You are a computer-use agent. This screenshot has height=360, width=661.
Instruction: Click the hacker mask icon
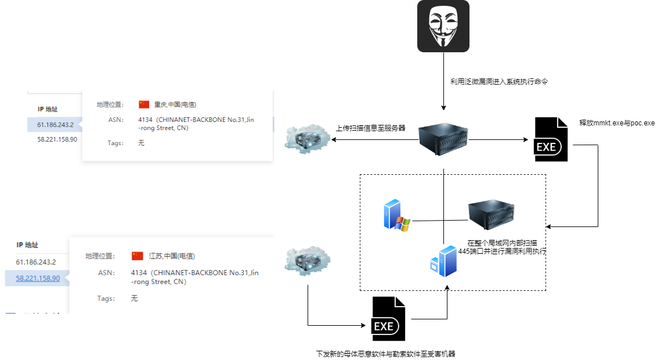[x=443, y=26]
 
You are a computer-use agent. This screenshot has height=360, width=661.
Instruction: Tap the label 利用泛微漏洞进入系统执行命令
[x=499, y=82]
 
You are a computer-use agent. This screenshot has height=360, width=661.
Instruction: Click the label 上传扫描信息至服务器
[x=371, y=128]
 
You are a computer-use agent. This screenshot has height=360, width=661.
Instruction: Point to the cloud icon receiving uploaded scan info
[x=308, y=140]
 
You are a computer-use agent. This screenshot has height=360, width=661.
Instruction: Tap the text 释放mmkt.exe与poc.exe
[x=616, y=123]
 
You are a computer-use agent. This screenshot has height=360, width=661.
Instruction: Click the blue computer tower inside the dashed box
[x=443, y=261]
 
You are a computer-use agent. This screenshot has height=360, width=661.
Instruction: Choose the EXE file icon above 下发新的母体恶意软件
[x=388, y=319]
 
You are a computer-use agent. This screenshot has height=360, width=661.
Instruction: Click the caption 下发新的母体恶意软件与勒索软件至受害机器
[x=385, y=353]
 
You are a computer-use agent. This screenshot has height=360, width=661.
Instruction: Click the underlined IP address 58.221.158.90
[x=38, y=278]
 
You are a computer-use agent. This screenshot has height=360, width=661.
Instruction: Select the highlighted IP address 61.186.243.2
[x=55, y=124]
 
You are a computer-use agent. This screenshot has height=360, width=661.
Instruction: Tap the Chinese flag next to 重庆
[x=144, y=105]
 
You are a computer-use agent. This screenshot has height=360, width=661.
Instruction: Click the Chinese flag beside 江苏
[x=138, y=256]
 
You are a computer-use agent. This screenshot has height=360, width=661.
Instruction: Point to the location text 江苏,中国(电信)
[x=172, y=256]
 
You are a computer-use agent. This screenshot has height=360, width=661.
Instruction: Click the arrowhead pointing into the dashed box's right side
[x=550, y=226]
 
